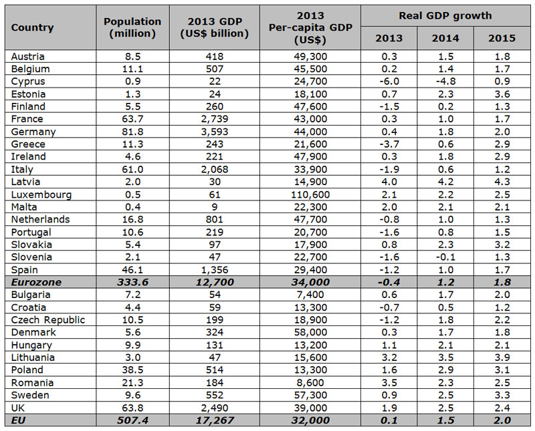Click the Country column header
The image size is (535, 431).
pyautogui.click(x=32, y=27)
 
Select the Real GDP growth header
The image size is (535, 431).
pyautogui.click(x=445, y=15)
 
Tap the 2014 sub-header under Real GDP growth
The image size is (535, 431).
pyautogui.click(x=445, y=38)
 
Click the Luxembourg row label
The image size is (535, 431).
pyautogui.click(x=41, y=194)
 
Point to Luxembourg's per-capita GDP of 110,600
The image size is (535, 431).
pyautogui.click(x=310, y=194)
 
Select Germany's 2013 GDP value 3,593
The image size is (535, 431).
pyautogui.click(x=215, y=132)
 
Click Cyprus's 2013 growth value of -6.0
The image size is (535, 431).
pyautogui.click(x=389, y=82)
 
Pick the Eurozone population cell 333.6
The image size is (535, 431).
pyautogui.click(x=132, y=283)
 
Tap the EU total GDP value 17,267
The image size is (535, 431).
pyautogui.click(x=215, y=420)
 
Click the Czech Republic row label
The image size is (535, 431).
pyautogui.click(x=47, y=320)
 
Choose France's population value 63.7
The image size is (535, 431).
pyautogui.click(x=132, y=119)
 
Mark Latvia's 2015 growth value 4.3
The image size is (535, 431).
pyautogui.click(x=502, y=182)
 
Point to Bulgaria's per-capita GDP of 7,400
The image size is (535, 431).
pyautogui.click(x=310, y=295)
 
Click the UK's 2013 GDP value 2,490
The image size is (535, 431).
pyautogui.click(x=215, y=408)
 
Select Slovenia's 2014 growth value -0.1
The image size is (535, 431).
pyautogui.click(x=445, y=257)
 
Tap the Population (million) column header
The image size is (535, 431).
pyautogui.click(x=132, y=27)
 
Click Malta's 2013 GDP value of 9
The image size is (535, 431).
pyautogui.click(x=215, y=207)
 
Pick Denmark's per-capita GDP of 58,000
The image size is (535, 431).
pyautogui.click(x=310, y=332)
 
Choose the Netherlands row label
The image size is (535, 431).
pyautogui.click(x=40, y=219)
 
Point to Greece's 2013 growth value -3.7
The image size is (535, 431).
pyautogui.click(x=389, y=144)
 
